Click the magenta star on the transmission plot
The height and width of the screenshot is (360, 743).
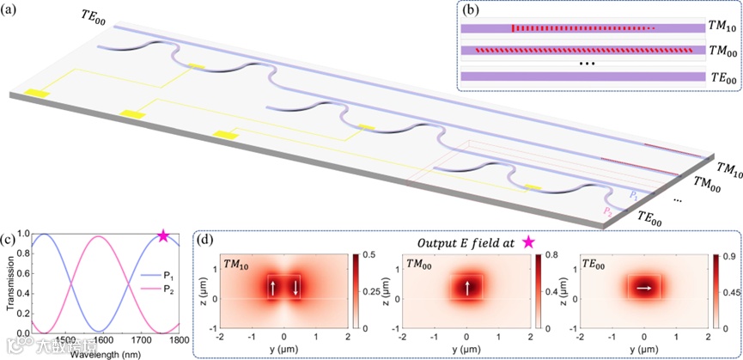[164, 236]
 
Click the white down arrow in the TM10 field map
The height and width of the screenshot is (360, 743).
[295, 288]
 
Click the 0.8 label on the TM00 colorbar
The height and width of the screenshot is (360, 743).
[551, 255]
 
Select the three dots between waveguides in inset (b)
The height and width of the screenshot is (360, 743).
[588, 64]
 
